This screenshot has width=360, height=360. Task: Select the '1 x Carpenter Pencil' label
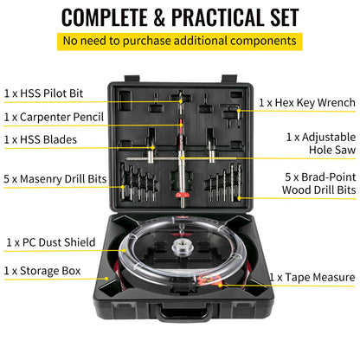(55, 116)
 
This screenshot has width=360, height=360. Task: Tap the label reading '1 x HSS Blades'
(41, 138)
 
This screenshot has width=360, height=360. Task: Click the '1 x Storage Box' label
(42, 271)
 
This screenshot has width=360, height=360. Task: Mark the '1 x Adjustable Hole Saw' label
(320, 144)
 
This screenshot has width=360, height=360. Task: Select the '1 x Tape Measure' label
(312, 277)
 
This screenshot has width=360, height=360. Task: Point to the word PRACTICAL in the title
(222, 16)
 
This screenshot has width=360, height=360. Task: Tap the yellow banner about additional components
(180, 42)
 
